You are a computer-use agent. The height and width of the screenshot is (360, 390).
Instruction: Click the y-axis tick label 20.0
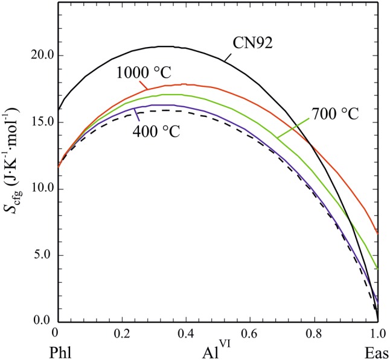tap(41, 55)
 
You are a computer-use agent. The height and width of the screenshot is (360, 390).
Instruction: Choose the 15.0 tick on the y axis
tap(41, 122)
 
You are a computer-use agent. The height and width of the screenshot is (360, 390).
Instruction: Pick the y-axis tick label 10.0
tap(41, 189)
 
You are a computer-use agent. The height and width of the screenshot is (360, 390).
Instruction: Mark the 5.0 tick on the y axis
tap(43, 255)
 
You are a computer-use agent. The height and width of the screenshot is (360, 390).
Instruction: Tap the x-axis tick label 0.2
tap(121, 332)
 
